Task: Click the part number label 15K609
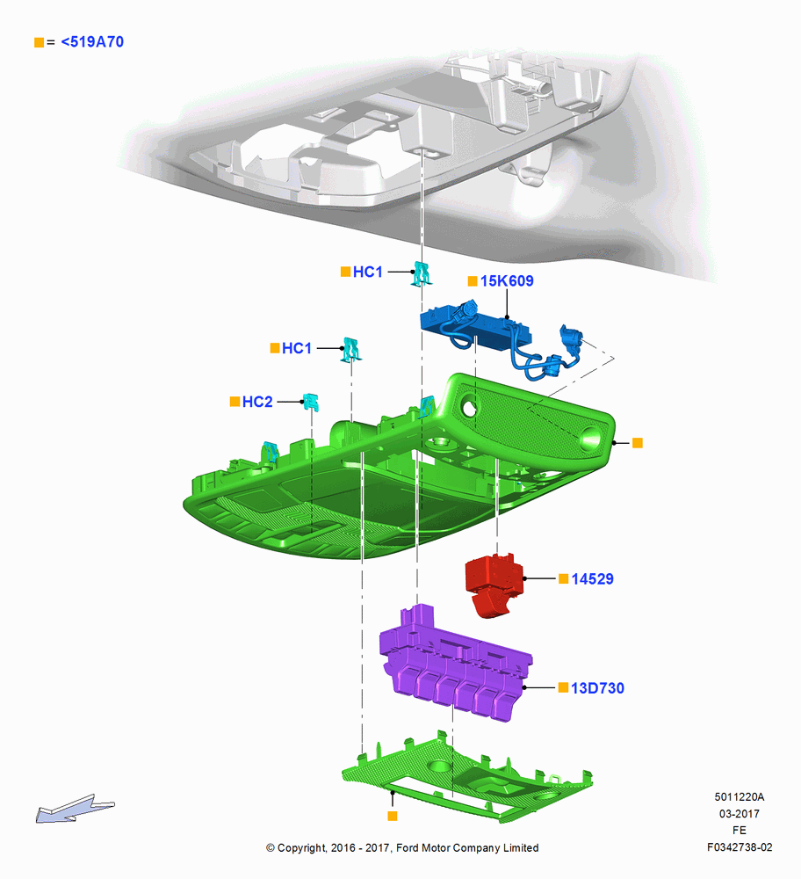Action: click(x=507, y=281)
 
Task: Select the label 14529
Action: click(x=592, y=579)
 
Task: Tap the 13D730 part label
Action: click(x=597, y=688)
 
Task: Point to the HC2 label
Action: click(x=257, y=402)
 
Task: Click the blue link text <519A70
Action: click(x=92, y=42)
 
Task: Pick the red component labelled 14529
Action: click(x=493, y=585)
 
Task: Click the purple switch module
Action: click(x=454, y=665)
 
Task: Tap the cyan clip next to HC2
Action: click(x=310, y=402)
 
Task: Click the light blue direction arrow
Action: click(x=75, y=809)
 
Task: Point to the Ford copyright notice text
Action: click(x=402, y=847)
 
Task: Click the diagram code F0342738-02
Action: click(x=740, y=847)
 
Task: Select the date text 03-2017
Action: click(x=740, y=813)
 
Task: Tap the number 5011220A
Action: click(x=740, y=796)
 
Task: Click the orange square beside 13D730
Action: click(x=564, y=687)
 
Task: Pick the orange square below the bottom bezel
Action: click(x=393, y=817)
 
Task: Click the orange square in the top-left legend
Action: click(x=40, y=42)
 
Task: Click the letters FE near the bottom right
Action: click(x=740, y=831)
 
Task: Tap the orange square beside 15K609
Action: click(x=473, y=281)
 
